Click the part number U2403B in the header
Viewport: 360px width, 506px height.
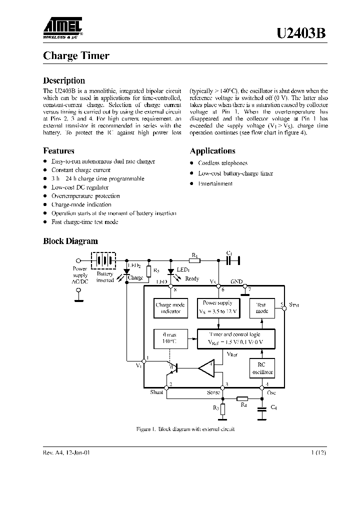click(301, 33)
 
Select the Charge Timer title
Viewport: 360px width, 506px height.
click(76, 56)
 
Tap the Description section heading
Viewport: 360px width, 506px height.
click(64, 80)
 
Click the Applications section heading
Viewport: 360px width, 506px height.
click(212, 151)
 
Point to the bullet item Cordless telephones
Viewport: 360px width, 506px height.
click(222, 163)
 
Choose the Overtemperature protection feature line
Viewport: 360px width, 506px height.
click(85, 196)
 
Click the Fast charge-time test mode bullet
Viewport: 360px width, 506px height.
click(84, 221)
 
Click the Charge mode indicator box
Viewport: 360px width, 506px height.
click(170, 308)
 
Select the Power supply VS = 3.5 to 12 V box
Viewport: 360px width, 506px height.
click(217, 307)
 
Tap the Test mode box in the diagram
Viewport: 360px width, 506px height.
click(262, 307)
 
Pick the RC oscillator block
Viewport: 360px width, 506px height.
click(262, 369)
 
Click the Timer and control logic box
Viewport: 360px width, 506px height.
click(235, 338)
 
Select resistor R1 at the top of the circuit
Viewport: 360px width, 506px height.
click(195, 260)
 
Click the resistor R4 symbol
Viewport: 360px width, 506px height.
click(242, 399)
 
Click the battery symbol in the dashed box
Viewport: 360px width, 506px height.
click(103, 260)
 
